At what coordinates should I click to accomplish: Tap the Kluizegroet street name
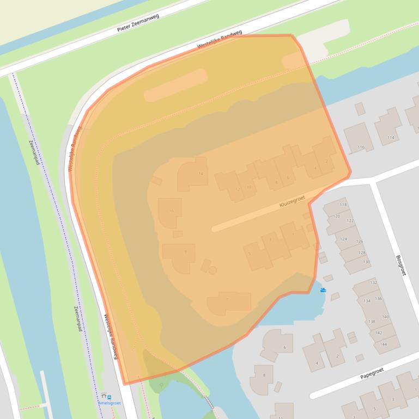tap(292, 201)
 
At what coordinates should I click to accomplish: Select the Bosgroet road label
tap(401, 265)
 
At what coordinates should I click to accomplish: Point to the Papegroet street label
tap(372, 373)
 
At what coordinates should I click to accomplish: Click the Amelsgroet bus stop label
tap(110, 403)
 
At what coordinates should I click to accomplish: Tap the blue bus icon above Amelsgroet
tap(110, 397)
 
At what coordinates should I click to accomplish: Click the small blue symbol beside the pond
tap(324, 290)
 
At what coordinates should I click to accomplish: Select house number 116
tap(361, 147)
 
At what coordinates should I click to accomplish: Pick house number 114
tap(390, 138)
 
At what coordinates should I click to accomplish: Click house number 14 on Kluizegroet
tap(201, 174)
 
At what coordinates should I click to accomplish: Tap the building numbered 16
tap(172, 211)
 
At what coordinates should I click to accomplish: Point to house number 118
tap(343, 205)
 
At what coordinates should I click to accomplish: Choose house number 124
tap(343, 239)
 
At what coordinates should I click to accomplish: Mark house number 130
tap(366, 262)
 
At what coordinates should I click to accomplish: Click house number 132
tap(373, 283)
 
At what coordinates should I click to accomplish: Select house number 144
tap(384, 344)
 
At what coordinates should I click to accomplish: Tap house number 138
tap(372, 322)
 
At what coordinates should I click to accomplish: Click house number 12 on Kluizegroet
tap(237, 189)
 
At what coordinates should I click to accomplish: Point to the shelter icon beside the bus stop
tap(104, 397)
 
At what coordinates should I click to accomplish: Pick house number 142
tap(379, 332)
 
